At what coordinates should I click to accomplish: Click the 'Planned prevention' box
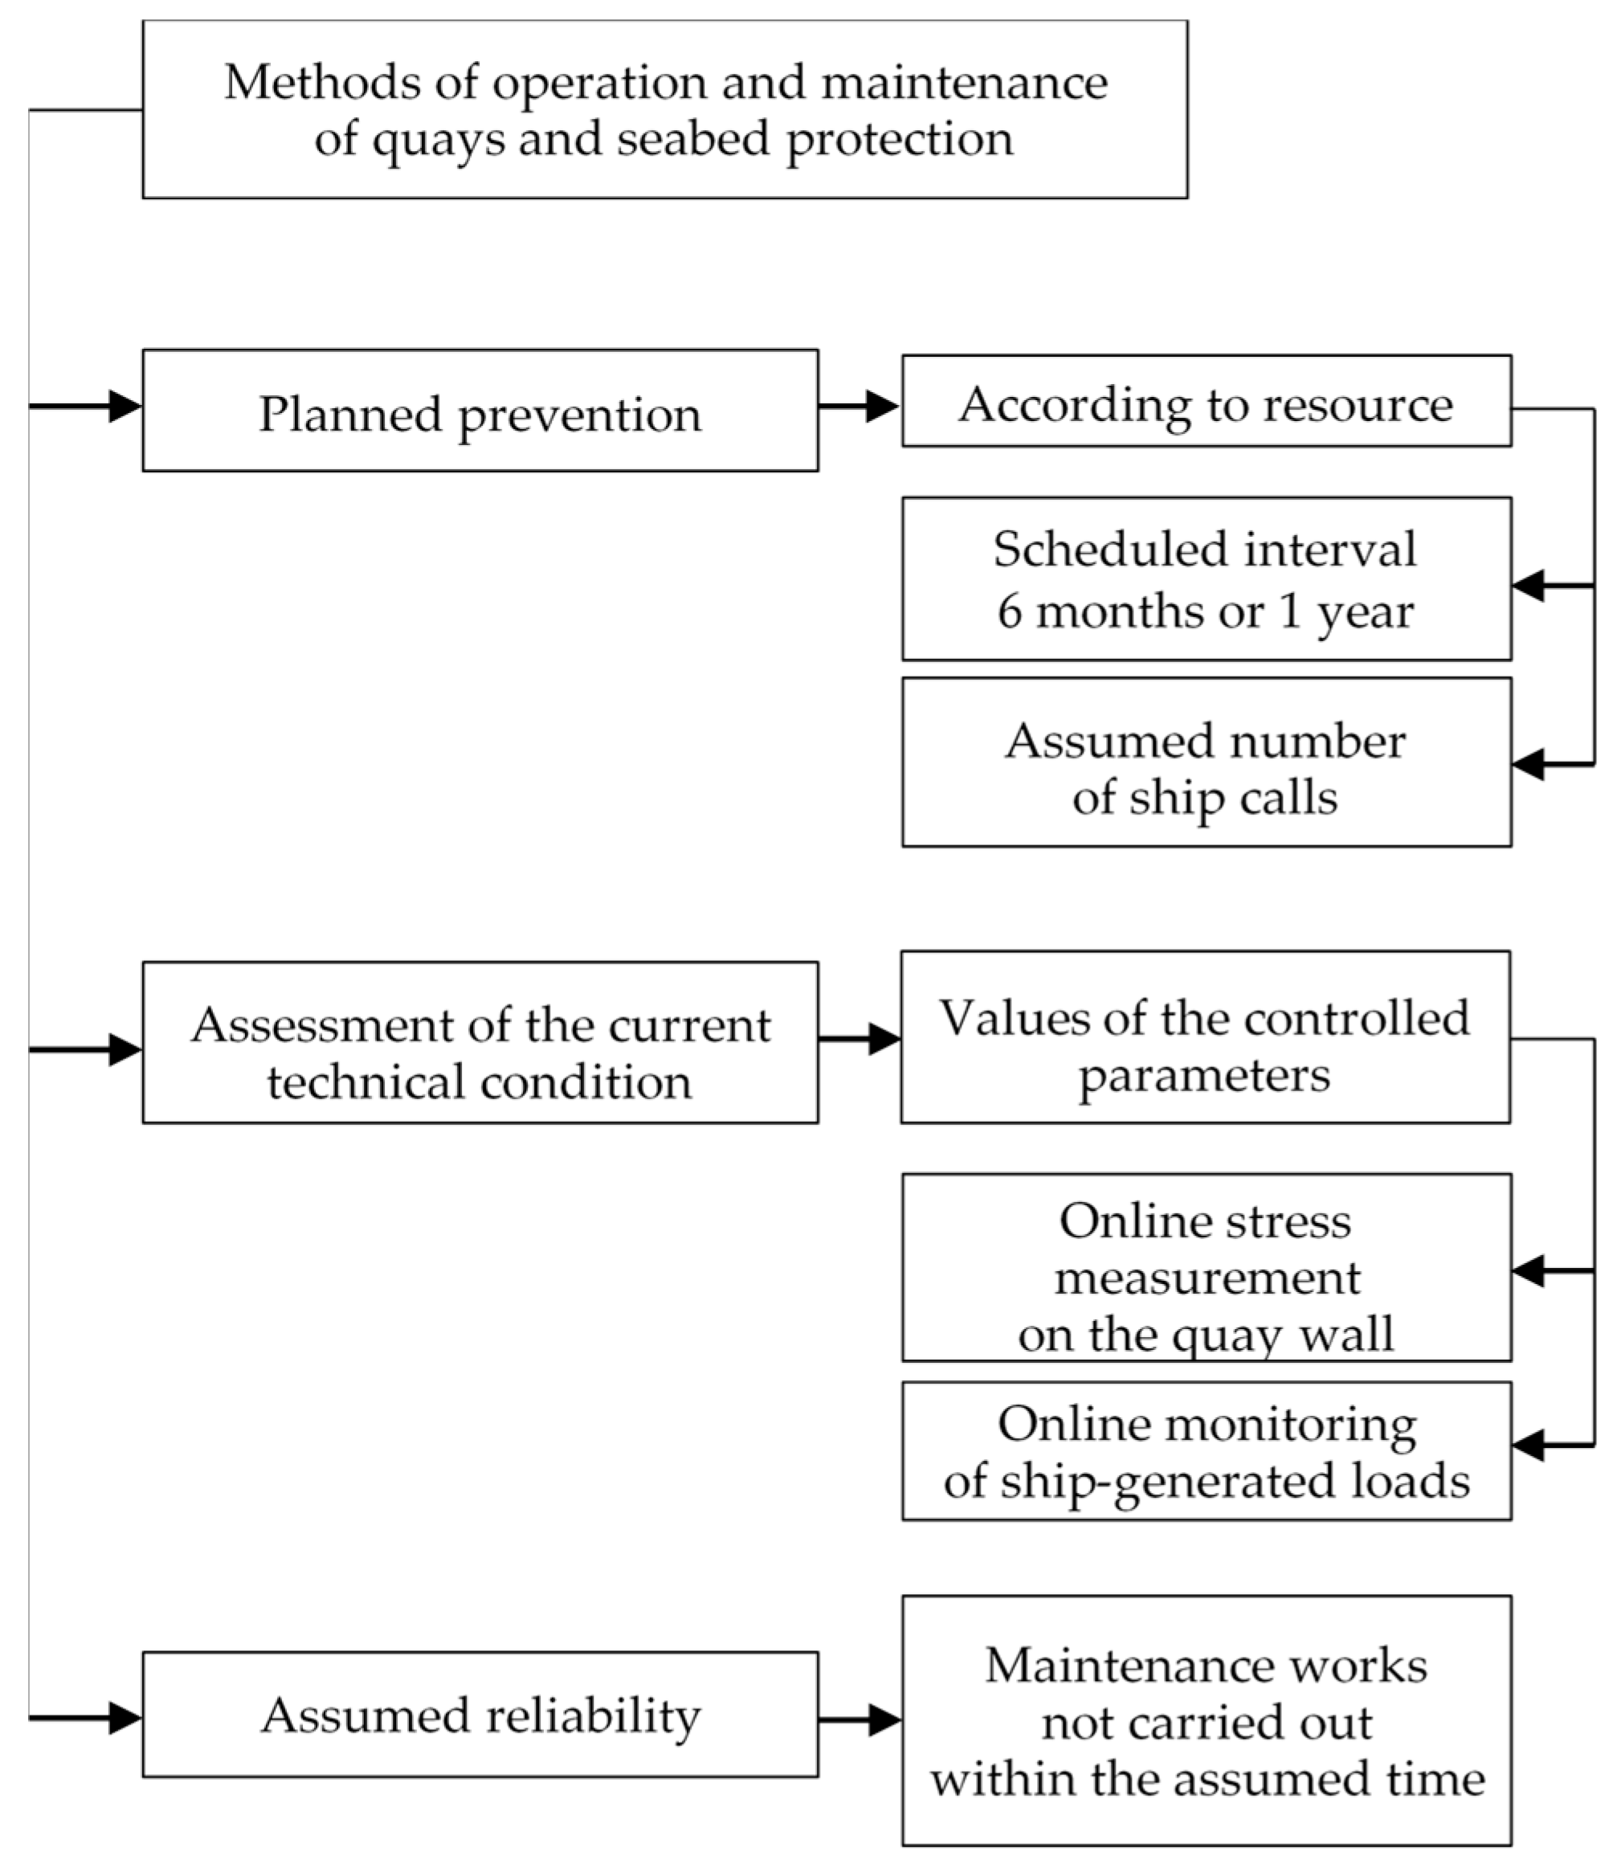point(480,411)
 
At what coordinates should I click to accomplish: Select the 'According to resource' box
point(1207,402)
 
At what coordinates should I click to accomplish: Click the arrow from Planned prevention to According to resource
point(859,406)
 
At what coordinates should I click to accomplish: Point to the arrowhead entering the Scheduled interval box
point(1529,586)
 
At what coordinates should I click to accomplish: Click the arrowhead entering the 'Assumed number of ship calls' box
point(1529,764)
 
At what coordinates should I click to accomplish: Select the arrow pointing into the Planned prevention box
point(86,406)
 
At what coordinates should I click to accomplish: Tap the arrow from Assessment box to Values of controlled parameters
point(859,1039)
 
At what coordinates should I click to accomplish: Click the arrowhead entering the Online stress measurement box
point(1529,1270)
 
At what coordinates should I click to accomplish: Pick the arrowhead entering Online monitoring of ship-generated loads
point(1529,1445)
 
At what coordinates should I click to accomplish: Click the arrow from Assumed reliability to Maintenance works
point(859,1720)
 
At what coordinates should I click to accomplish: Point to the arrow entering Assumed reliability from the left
point(86,1717)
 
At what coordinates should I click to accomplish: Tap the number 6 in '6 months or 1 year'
point(1010,611)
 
